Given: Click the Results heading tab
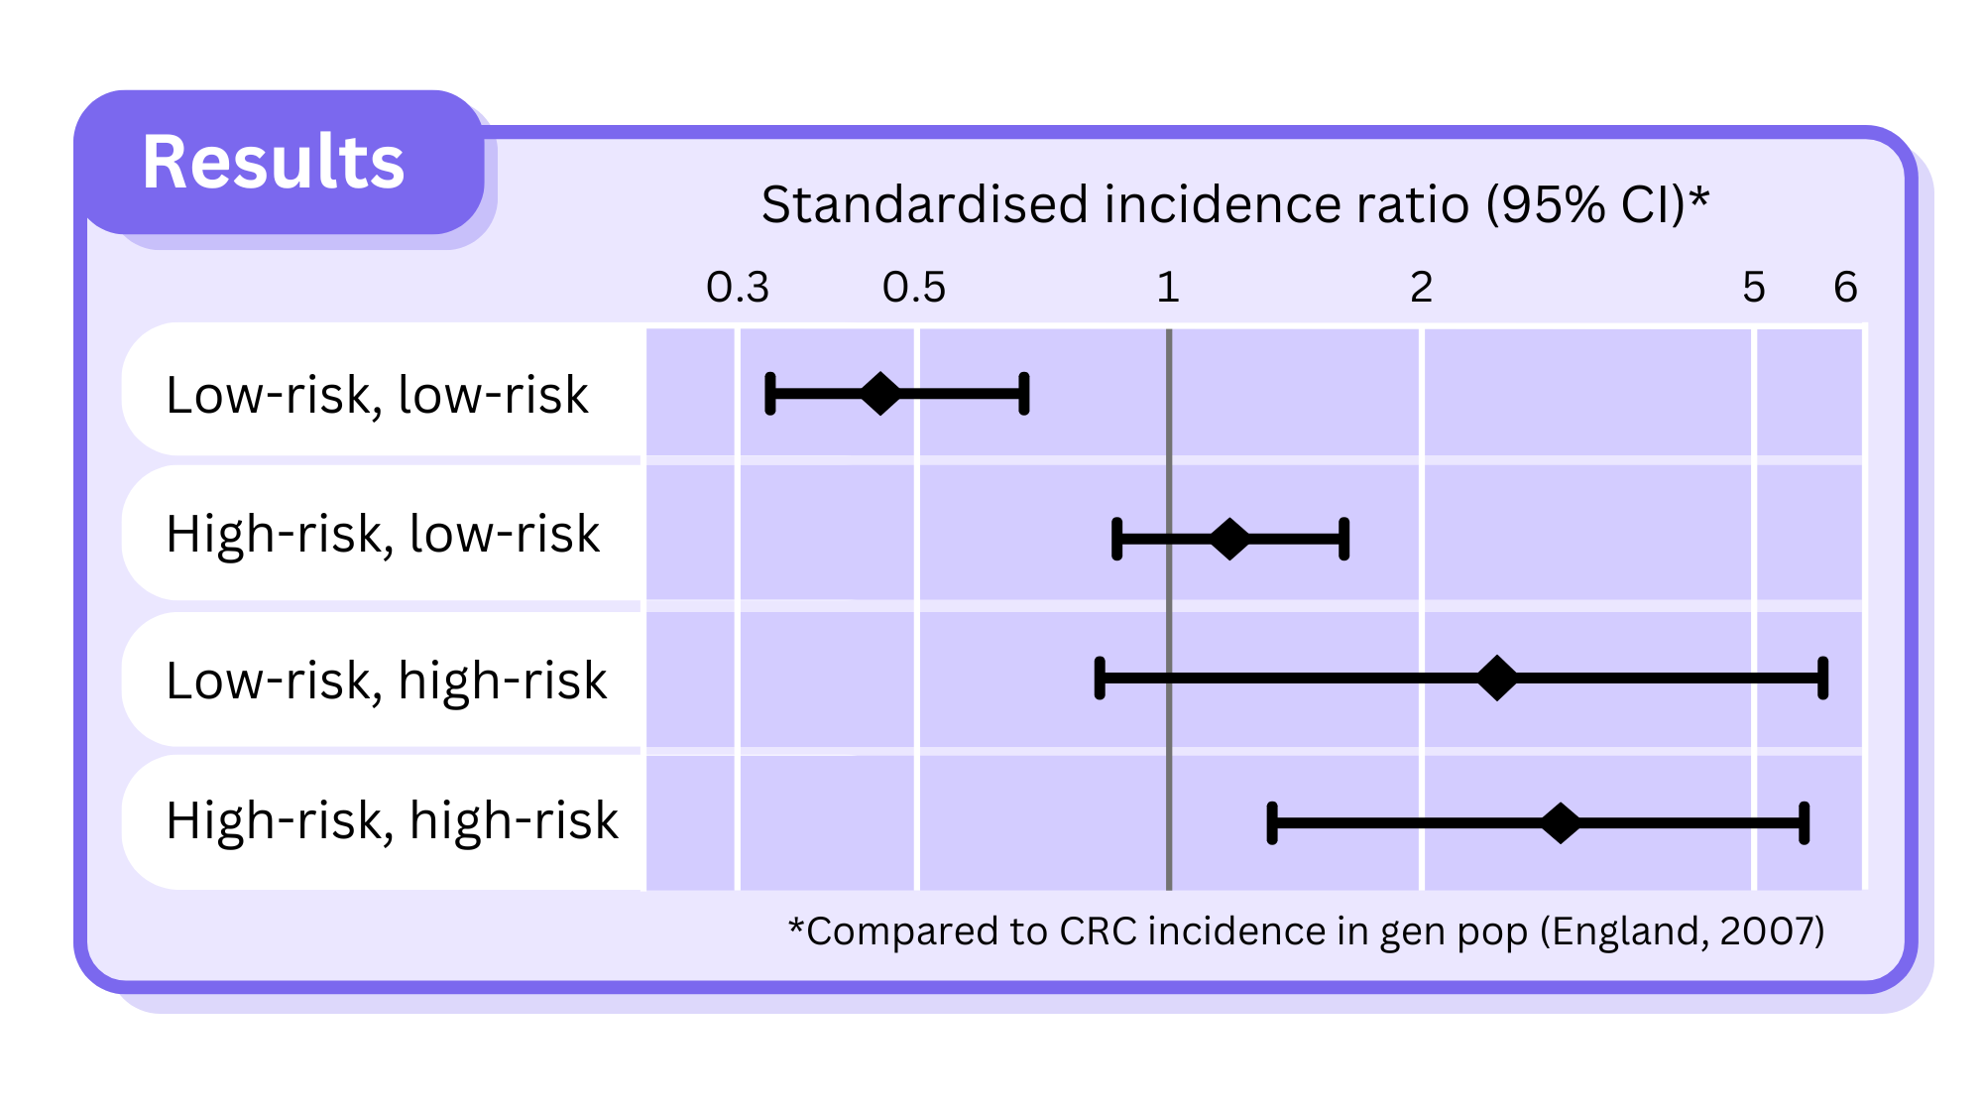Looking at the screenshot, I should (x=274, y=162).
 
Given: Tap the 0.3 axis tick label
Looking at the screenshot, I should (x=737, y=288).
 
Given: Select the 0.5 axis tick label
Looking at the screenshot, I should (x=913, y=288).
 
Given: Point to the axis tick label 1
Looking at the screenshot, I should (x=1168, y=288).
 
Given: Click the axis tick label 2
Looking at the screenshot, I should (x=1421, y=288).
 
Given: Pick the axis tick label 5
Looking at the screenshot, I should (x=1753, y=288).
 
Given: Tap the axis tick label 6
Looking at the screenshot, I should (x=1844, y=288).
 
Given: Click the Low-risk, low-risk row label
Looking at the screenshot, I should (x=377, y=395).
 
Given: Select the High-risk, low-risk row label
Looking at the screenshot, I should (x=383, y=534).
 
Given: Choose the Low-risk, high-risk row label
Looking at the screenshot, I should (x=387, y=681).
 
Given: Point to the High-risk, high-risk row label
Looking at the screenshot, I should (x=392, y=820).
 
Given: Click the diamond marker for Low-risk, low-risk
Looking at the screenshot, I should (x=879, y=394).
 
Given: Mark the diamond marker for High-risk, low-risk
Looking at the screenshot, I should (x=1229, y=540).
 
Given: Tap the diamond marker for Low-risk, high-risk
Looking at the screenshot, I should (x=1497, y=679).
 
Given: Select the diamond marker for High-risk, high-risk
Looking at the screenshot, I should (x=1561, y=823).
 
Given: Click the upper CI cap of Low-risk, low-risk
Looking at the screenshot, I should (x=1024, y=394).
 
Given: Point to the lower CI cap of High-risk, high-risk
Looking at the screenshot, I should (x=1272, y=823).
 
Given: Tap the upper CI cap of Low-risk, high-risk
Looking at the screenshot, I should (x=1822, y=679).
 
